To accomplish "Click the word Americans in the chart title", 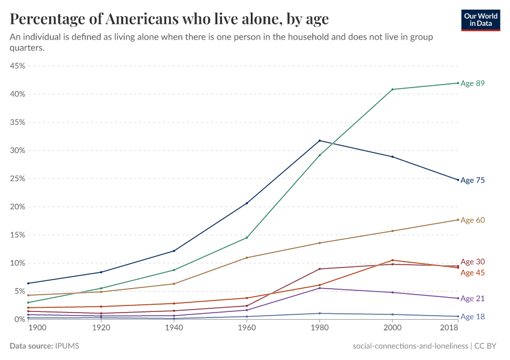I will (x=140, y=19).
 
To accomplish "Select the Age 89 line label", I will (x=472, y=83).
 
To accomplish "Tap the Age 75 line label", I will (x=472, y=180).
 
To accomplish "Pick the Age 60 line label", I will (x=472, y=220).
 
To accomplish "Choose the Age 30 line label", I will (x=472, y=262).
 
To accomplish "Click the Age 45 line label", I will (x=472, y=273).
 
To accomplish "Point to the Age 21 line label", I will (x=472, y=299).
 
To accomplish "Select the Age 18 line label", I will (x=472, y=317).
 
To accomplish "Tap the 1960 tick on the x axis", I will (x=247, y=328).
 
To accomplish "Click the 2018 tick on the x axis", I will (x=449, y=328).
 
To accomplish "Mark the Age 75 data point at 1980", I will (x=319, y=140).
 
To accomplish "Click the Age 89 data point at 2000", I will (x=392, y=89).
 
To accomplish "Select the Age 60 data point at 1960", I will (x=247, y=257).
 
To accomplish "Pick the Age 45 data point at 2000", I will (x=392, y=260).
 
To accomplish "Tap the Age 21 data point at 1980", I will (x=319, y=288).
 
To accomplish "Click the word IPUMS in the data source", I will (x=67, y=346).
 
